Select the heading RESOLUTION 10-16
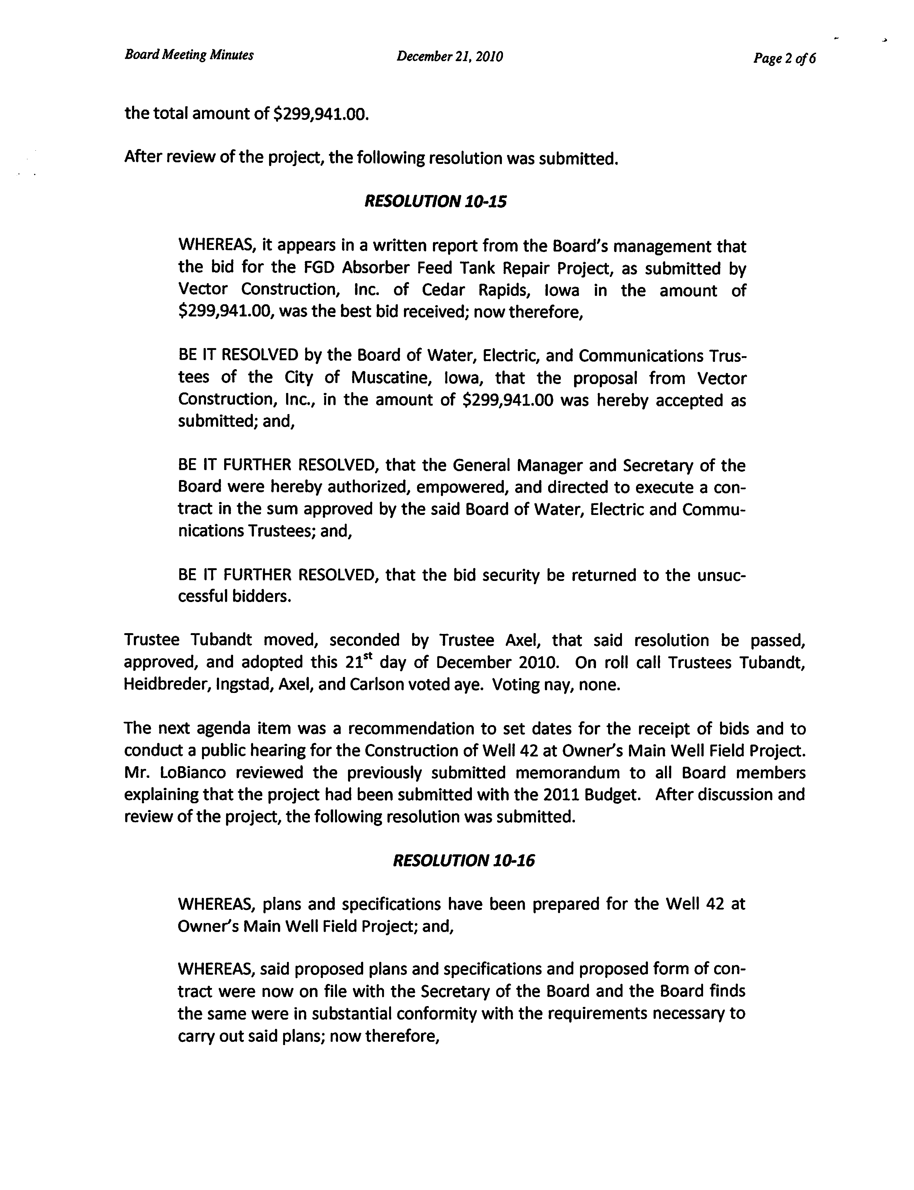pyautogui.click(x=463, y=860)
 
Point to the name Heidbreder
pyautogui.click(x=164, y=684)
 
